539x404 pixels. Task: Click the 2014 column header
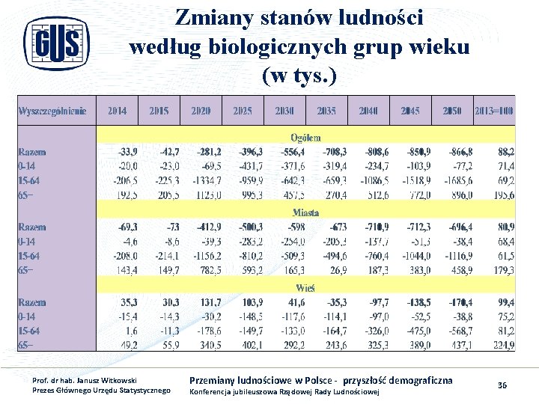click(x=117, y=111)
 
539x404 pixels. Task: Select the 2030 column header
click(x=284, y=111)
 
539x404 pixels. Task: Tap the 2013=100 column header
click(x=494, y=111)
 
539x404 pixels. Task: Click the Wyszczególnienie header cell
click(x=52, y=111)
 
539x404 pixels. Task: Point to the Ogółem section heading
click(x=305, y=137)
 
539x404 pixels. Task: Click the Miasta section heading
click(x=305, y=212)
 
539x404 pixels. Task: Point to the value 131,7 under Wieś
click(x=208, y=302)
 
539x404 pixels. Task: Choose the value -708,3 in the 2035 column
click(x=331, y=152)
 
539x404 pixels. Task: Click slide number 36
click(x=502, y=385)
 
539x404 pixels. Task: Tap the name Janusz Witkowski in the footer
click(x=97, y=381)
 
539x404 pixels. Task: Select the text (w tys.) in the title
click(x=299, y=76)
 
